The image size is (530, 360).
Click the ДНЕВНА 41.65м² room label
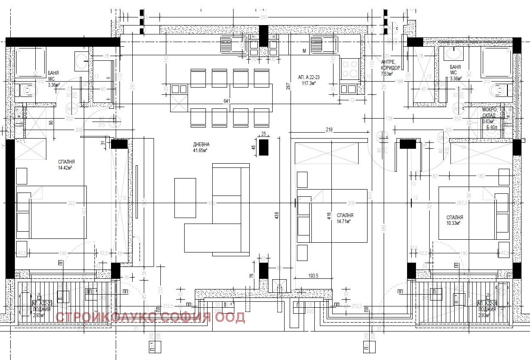(201, 147)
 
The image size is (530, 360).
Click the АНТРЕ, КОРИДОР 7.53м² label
(390, 67)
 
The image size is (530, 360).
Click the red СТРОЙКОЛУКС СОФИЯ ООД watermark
(150, 317)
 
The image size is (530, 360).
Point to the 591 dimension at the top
(263, 17)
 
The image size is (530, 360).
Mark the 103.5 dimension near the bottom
(314, 276)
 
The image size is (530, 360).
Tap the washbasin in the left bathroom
(81, 61)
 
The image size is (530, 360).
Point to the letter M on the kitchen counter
(304, 51)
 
